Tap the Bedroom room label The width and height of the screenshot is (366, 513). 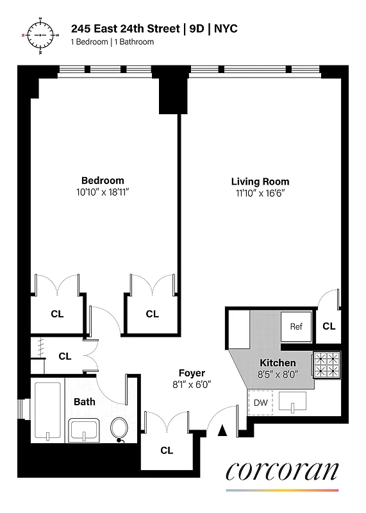[x=103, y=180]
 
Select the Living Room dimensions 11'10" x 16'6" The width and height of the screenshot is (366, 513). [x=260, y=194]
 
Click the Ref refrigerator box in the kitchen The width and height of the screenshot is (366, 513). [x=296, y=326]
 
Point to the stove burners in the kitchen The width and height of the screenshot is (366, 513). [x=327, y=365]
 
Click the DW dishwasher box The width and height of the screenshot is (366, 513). [x=260, y=403]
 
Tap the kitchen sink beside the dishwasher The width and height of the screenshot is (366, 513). [x=294, y=402]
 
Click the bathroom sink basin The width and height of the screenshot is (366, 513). [x=84, y=428]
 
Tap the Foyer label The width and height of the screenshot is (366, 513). [x=192, y=373]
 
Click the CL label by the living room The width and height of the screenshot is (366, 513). [x=329, y=326]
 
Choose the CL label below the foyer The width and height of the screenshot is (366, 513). [x=167, y=450]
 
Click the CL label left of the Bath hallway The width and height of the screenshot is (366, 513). [x=65, y=357]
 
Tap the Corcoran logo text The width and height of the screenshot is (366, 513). [x=281, y=471]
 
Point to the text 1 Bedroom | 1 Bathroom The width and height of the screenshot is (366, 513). [x=112, y=42]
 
